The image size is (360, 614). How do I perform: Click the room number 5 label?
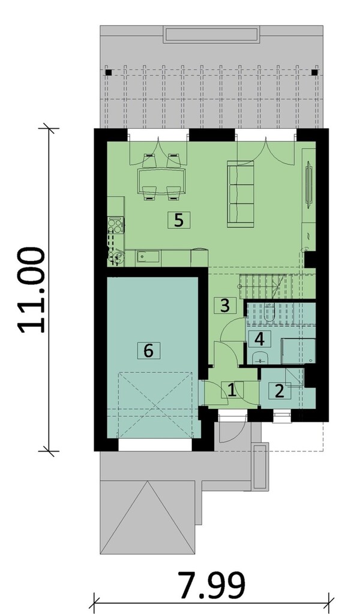click(x=178, y=220)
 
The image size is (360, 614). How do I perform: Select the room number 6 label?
click(x=149, y=350)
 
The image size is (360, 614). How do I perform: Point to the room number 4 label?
click(x=259, y=339)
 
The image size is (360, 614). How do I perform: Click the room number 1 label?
click(x=232, y=391)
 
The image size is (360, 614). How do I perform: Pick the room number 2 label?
click(x=279, y=391)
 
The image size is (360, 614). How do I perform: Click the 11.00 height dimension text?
click(x=31, y=290)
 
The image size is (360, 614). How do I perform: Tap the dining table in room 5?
click(x=161, y=179)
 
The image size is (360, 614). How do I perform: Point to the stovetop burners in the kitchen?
click(x=115, y=226)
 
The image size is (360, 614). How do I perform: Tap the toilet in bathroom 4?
click(x=268, y=311)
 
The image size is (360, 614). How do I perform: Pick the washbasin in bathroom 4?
click(x=260, y=359)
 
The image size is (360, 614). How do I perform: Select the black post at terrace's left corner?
click(x=109, y=73)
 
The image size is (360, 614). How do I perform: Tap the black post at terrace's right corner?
click(x=314, y=73)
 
